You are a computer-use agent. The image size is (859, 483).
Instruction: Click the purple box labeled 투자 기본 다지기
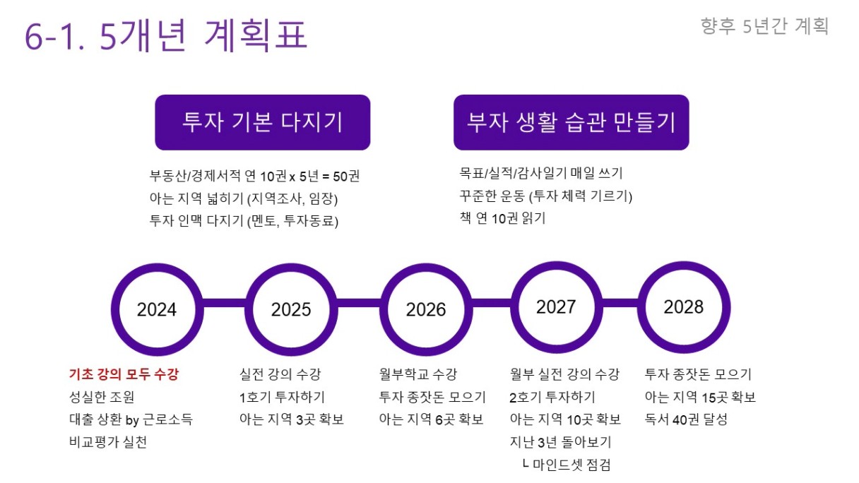pos(263,122)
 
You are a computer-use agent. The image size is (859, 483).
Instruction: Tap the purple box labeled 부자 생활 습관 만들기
pos(571,122)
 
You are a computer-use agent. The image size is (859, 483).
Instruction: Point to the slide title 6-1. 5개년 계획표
pos(166,35)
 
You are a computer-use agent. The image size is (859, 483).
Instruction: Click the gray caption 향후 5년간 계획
pos(764,26)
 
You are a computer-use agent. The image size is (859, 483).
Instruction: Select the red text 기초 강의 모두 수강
pos(124,374)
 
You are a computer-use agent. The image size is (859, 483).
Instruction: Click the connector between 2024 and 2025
pos(225,303)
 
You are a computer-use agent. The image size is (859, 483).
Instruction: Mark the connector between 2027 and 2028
pos(620,303)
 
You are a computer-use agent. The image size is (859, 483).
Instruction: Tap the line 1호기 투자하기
pos(283,397)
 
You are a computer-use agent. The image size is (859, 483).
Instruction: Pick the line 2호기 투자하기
pos(552,397)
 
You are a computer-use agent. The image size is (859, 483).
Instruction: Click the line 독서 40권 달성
pos(686,419)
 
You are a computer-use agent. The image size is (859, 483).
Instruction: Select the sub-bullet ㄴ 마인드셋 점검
pos(567,465)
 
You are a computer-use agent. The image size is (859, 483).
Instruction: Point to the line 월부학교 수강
pos(418,374)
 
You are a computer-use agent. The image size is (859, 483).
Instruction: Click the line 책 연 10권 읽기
pos(502,218)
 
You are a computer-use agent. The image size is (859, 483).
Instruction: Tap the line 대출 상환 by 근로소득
pos(131,419)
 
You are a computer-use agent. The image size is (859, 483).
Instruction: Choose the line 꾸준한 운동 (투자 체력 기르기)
pos(545,196)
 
